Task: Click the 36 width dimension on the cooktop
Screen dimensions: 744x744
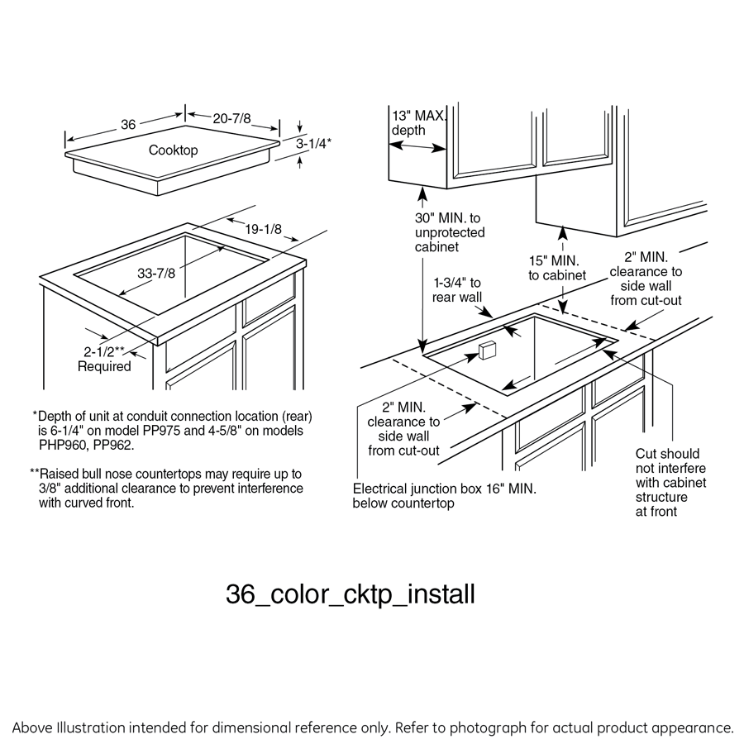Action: (128, 125)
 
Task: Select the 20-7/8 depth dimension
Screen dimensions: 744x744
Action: (232, 119)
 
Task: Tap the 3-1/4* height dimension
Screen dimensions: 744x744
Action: (314, 143)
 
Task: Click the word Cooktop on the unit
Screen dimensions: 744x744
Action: (173, 150)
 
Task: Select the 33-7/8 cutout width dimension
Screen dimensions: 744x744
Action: (156, 273)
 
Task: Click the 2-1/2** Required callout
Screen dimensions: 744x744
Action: (104, 359)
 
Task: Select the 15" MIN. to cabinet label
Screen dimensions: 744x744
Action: (557, 267)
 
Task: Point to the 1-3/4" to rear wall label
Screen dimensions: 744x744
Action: (457, 290)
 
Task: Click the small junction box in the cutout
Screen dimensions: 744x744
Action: (485, 350)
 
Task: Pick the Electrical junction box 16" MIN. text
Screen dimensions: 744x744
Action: (444, 496)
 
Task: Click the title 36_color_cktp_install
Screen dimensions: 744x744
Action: (351, 594)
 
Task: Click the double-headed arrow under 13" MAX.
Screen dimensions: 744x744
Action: (418, 146)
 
